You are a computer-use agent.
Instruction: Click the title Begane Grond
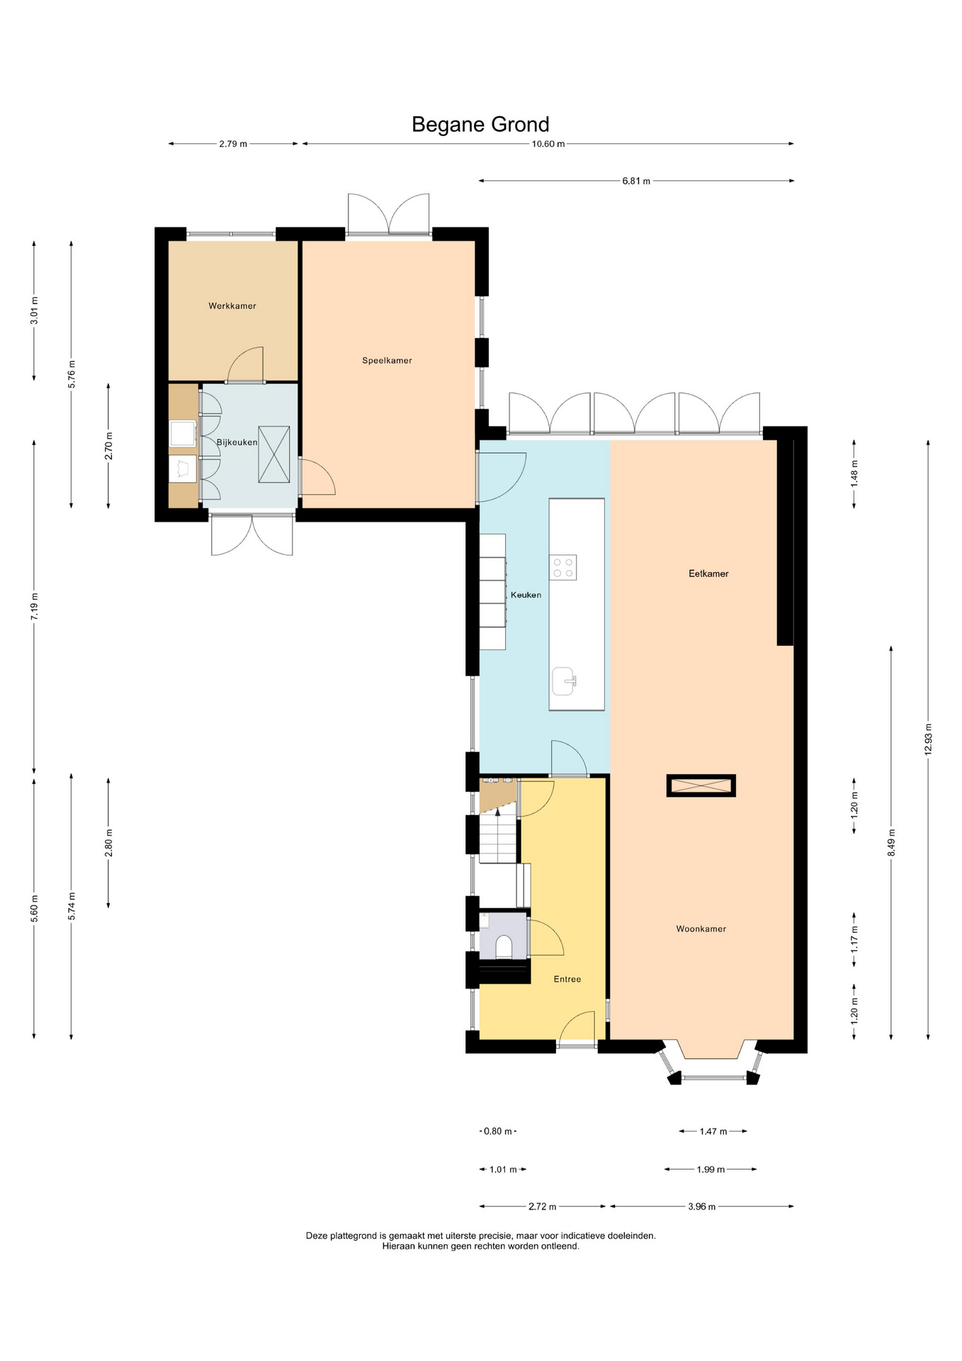[480, 125]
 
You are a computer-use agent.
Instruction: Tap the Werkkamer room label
[232, 306]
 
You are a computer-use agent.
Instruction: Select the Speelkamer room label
[387, 361]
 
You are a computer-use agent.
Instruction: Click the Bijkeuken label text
[237, 442]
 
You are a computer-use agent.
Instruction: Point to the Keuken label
[526, 595]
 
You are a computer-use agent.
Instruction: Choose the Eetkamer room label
[708, 574]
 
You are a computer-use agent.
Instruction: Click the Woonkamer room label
[701, 929]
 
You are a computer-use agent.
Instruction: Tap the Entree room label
[567, 980]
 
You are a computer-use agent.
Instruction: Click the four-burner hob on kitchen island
[564, 567]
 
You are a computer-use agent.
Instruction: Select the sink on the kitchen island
[565, 681]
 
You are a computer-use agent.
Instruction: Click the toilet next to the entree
[504, 946]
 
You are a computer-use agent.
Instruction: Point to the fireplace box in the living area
[701, 785]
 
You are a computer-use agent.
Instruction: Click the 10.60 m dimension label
[548, 145]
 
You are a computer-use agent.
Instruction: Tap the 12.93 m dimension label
[928, 740]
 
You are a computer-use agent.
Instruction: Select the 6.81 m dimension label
[636, 181]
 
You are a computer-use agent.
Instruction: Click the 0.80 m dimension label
[497, 1131]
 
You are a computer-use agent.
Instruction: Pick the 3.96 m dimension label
[701, 1206]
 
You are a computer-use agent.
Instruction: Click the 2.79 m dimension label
[233, 145]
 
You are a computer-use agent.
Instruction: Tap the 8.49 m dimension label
[891, 843]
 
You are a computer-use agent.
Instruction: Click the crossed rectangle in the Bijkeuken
[274, 454]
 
